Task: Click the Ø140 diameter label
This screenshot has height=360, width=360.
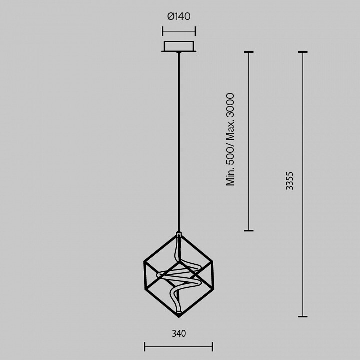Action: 179,17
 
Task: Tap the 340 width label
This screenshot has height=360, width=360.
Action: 179,333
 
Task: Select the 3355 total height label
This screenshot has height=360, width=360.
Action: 289,181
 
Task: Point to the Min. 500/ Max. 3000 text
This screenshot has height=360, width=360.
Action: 230,139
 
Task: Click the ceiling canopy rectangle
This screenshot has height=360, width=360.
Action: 179,46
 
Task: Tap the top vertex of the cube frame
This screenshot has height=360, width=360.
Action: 179,234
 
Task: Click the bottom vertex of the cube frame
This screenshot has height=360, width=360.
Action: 179,317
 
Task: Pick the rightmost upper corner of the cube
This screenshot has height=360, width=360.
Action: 213,261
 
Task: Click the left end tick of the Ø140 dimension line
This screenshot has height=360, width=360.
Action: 163,31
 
